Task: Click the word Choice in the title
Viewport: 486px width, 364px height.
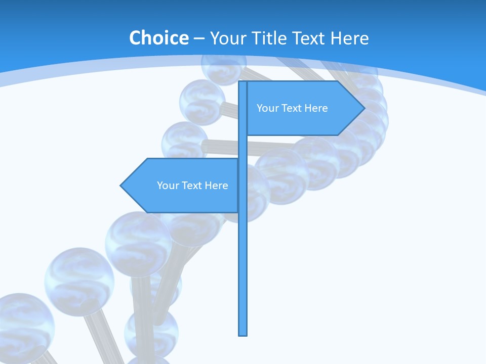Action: [x=158, y=38]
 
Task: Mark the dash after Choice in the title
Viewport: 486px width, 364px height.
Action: [x=199, y=38]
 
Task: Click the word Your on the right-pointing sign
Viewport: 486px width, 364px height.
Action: [x=267, y=108]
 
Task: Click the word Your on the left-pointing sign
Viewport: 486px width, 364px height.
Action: [x=167, y=186]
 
